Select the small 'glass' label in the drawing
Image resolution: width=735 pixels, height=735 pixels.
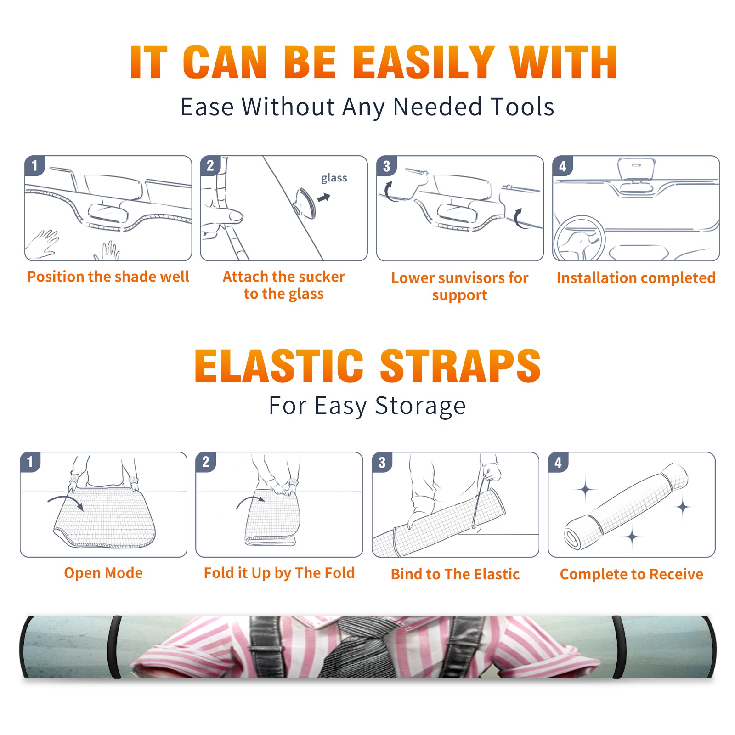334,178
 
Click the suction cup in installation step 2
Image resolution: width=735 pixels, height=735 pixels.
305,203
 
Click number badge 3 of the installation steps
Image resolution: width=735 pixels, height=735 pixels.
386,166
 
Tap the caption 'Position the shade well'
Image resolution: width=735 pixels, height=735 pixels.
108,277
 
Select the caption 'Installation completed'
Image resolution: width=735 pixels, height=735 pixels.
636,277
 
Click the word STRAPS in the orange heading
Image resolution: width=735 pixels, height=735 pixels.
460,366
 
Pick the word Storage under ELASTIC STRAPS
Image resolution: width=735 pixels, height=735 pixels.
420,406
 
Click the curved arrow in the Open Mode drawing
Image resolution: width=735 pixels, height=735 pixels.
66,501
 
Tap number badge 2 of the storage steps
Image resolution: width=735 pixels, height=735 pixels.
205,462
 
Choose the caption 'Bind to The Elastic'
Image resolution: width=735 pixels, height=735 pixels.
455,574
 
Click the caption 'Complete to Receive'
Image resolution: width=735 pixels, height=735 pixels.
631,574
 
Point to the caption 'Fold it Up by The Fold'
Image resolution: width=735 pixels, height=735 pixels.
279,573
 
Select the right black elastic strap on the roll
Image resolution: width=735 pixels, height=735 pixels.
618,647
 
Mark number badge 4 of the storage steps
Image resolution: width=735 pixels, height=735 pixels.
558,462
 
